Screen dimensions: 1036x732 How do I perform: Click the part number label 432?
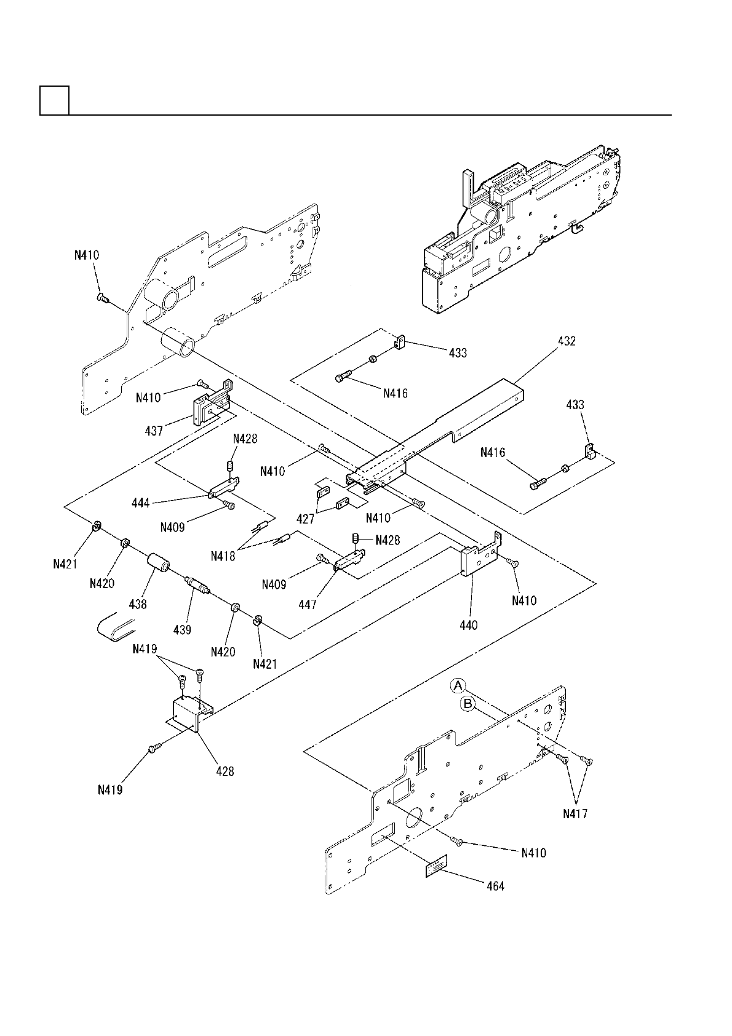pos(566,341)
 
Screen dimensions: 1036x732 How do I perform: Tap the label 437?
pos(154,431)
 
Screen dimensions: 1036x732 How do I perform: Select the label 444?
pos(141,503)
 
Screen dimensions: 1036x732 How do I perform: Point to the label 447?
pos(307,604)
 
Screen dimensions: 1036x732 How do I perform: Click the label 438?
pos(138,604)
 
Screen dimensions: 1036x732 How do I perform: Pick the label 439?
pos(182,629)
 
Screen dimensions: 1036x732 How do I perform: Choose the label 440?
pos(468,626)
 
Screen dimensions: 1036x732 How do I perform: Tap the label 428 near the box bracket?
pos(225,771)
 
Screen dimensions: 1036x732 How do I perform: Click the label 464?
pos(495,886)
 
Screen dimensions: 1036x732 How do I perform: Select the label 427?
pos(305,519)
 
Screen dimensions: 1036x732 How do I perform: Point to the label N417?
pos(575,813)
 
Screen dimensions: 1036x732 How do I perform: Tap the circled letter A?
pos(458,685)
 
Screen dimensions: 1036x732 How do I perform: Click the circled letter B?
pos(468,704)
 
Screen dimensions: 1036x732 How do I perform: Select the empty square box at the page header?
pos(54,100)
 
